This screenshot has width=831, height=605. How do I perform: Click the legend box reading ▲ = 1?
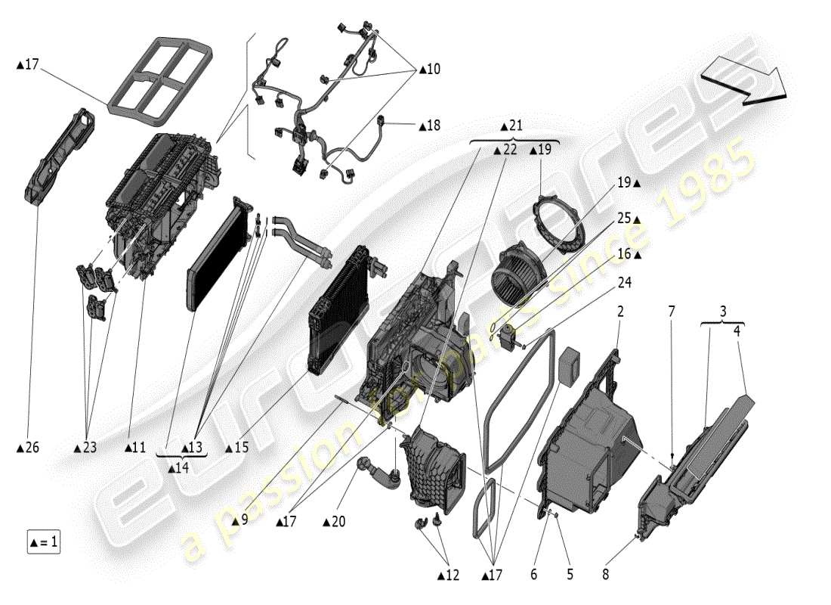coord(44,542)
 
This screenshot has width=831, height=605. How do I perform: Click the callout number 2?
coord(620,311)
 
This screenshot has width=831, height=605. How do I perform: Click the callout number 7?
coord(671,311)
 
